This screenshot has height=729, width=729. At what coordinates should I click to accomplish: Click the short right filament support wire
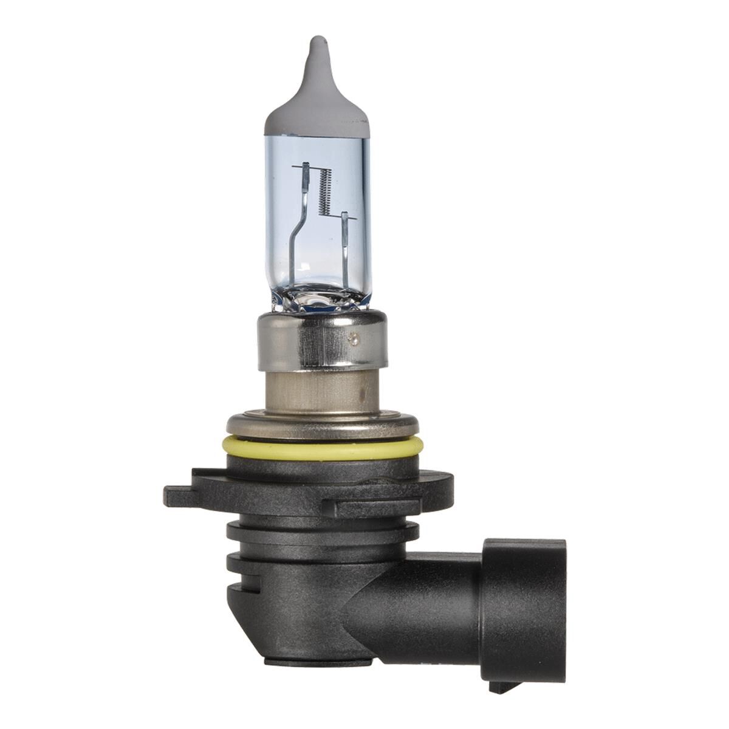(344, 243)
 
